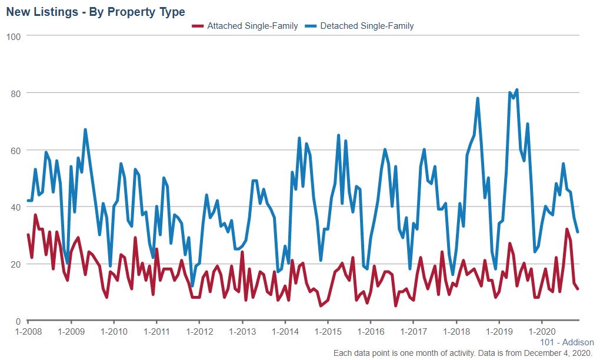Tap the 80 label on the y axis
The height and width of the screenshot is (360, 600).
pyautogui.click(x=16, y=94)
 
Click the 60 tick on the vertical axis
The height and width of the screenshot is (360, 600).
pyautogui.click(x=16, y=151)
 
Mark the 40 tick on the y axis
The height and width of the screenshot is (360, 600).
pyautogui.click(x=16, y=207)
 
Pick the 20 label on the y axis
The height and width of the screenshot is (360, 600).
pyautogui.click(x=16, y=264)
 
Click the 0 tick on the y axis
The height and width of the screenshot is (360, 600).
pyautogui.click(x=19, y=321)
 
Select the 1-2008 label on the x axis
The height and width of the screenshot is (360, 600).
pyautogui.click(x=28, y=331)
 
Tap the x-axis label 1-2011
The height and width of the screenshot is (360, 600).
pyautogui.click(x=156, y=331)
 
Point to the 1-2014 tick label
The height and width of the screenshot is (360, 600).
pyautogui.click(x=285, y=331)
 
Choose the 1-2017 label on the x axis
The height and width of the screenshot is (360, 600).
pyautogui.click(x=413, y=331)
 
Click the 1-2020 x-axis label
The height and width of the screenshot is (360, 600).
pyautogui.click(x=541, y=331)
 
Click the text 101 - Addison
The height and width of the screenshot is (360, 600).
pyautogui.click(x=566, y=342)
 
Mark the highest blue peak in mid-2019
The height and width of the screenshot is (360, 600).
pyautogui.click(x=516, y=90)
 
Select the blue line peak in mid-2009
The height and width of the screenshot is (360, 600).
pyautogui.click(x=85, y=129)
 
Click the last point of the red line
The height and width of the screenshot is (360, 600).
pyautogui.click(x=578, y=289)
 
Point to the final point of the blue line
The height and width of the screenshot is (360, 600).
pyautogui.click(x=578, y=232)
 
